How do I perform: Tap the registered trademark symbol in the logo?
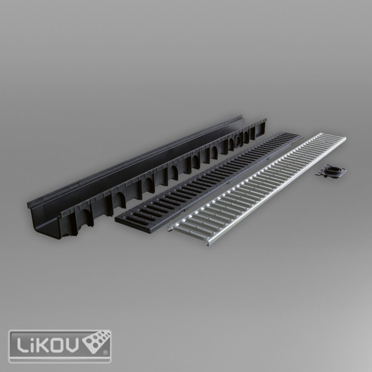(x=105, y=352)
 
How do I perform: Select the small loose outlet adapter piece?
(x=330, y=170)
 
